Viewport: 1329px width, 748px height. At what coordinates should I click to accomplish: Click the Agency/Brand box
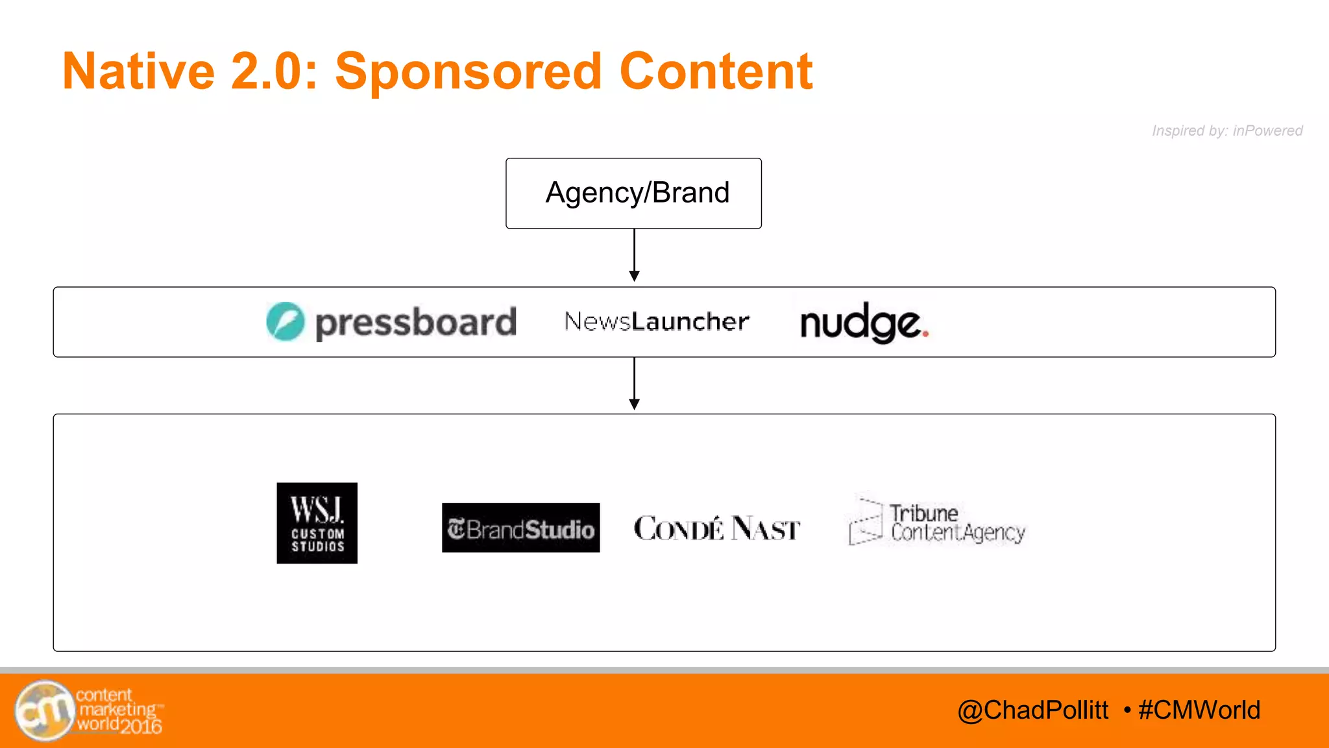pyautogui.click(x=633, y=193)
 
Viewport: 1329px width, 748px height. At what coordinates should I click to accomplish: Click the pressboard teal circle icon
pyautogui.click(x=285, y=321)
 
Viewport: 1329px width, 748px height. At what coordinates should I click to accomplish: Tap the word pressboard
pyautogui.click(x=415, y=323)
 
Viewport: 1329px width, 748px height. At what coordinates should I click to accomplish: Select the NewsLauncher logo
pyautogui.click(x=657, y=321)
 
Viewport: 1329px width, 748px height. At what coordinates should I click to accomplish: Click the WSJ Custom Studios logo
pyautogui.click(x=317, y=523)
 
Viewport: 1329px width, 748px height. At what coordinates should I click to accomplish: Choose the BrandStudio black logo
pyautogui.click(x=520, y=528)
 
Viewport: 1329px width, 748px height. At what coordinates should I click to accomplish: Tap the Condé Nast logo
pyautogui.click(x=716, y=529)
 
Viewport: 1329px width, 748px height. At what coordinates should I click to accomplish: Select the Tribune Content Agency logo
pyautogui.click(x=936, y=523)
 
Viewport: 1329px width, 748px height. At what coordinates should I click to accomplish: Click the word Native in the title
pyautogui.click(x=138, y=71)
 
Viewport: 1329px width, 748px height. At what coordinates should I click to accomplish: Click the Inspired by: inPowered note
pyautogui.click(x=1226, y=131)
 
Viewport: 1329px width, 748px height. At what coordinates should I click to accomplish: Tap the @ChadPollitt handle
pyautogui.click(x=1032, y=710)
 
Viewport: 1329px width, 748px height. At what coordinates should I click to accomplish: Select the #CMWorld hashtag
pyautogui.click(x=1199, y=710)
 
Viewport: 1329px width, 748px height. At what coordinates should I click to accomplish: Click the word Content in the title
pyautogui.click(x=715, y=71)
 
